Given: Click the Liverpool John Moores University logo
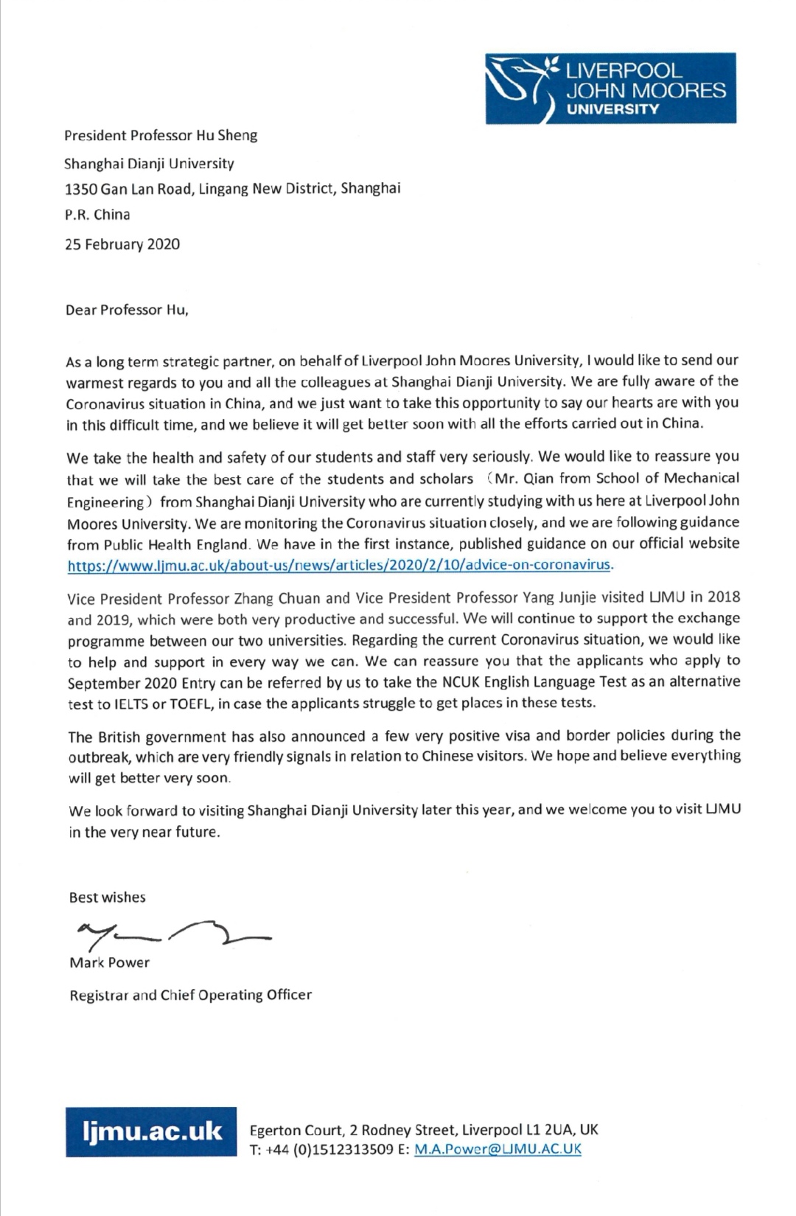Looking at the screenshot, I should [x=610, y=88].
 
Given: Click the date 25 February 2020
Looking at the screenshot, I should [x=122, y=245].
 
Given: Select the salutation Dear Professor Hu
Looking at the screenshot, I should [x=127, y=310].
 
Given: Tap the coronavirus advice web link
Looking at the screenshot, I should [x=339, y=566].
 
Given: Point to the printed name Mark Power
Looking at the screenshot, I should [x=109, y=963].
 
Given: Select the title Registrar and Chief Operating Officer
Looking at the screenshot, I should [x=190, y=996].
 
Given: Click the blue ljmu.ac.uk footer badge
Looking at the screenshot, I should [x=151, y=1132].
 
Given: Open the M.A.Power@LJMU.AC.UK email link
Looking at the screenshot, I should [x=497, y=1149].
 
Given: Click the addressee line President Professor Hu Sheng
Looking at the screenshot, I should [x=161, y=136].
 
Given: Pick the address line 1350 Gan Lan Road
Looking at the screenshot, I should [x=232, y=189].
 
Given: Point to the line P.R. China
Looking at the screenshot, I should [x=97, y=215].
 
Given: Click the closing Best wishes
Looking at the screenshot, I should [x=107, y=897].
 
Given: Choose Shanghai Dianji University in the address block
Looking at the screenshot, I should [x=149, y=164].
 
